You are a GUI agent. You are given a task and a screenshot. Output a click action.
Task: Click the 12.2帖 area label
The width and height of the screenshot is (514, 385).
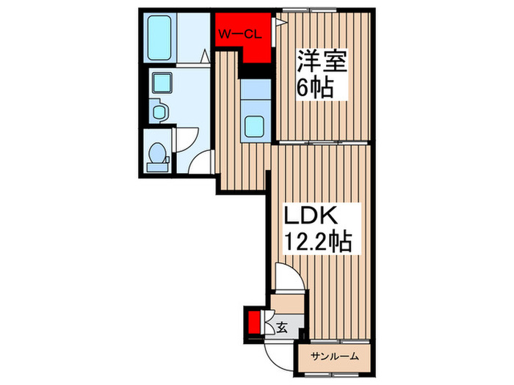[318, 240]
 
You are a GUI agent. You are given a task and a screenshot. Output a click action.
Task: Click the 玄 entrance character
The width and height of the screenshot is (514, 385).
[281, 327]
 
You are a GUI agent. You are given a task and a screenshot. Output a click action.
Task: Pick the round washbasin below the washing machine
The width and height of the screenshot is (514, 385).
[159, 112]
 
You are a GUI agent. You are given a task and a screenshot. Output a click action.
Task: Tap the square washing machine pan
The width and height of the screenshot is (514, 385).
[159, 84]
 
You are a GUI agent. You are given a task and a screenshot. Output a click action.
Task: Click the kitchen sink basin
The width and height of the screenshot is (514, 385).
[255, 126]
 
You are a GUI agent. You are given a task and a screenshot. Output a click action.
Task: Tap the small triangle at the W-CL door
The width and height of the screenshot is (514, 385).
[279, 23]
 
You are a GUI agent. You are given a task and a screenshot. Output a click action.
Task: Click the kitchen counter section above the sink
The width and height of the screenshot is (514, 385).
[255, 91]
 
